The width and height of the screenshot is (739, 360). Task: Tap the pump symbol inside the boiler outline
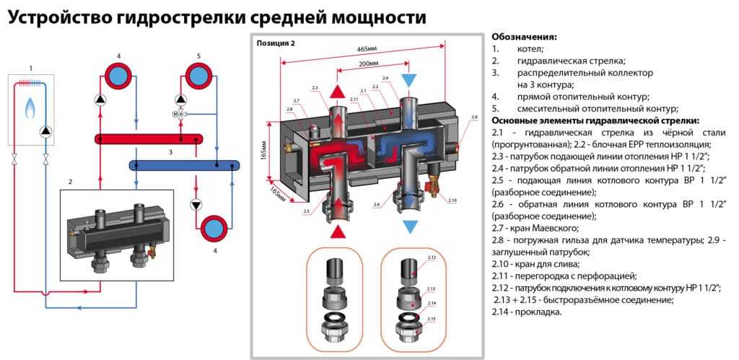(46, 131)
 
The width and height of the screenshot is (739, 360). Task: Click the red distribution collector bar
(149, 138)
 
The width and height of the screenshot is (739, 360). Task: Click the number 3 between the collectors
(170, 152)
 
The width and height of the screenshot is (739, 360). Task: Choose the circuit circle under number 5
(196, 74)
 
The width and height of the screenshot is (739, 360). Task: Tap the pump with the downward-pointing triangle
(196, 205)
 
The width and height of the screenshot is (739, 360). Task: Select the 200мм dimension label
(368, 63)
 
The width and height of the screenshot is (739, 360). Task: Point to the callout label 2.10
(452, 199)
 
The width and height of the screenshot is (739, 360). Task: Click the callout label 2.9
(473, 116)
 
